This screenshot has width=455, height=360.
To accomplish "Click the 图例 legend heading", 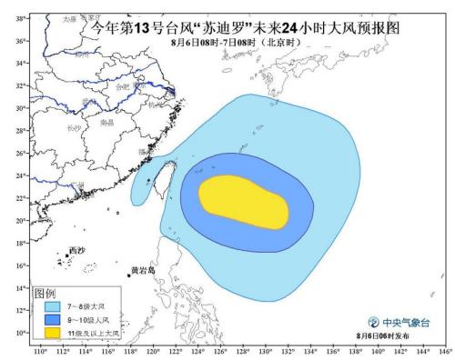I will (45, 294).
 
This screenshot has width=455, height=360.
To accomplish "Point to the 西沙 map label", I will (77, 251).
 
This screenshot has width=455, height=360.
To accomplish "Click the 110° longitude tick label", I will (40, 352).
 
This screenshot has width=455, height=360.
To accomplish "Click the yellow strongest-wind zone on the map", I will (244, 202).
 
